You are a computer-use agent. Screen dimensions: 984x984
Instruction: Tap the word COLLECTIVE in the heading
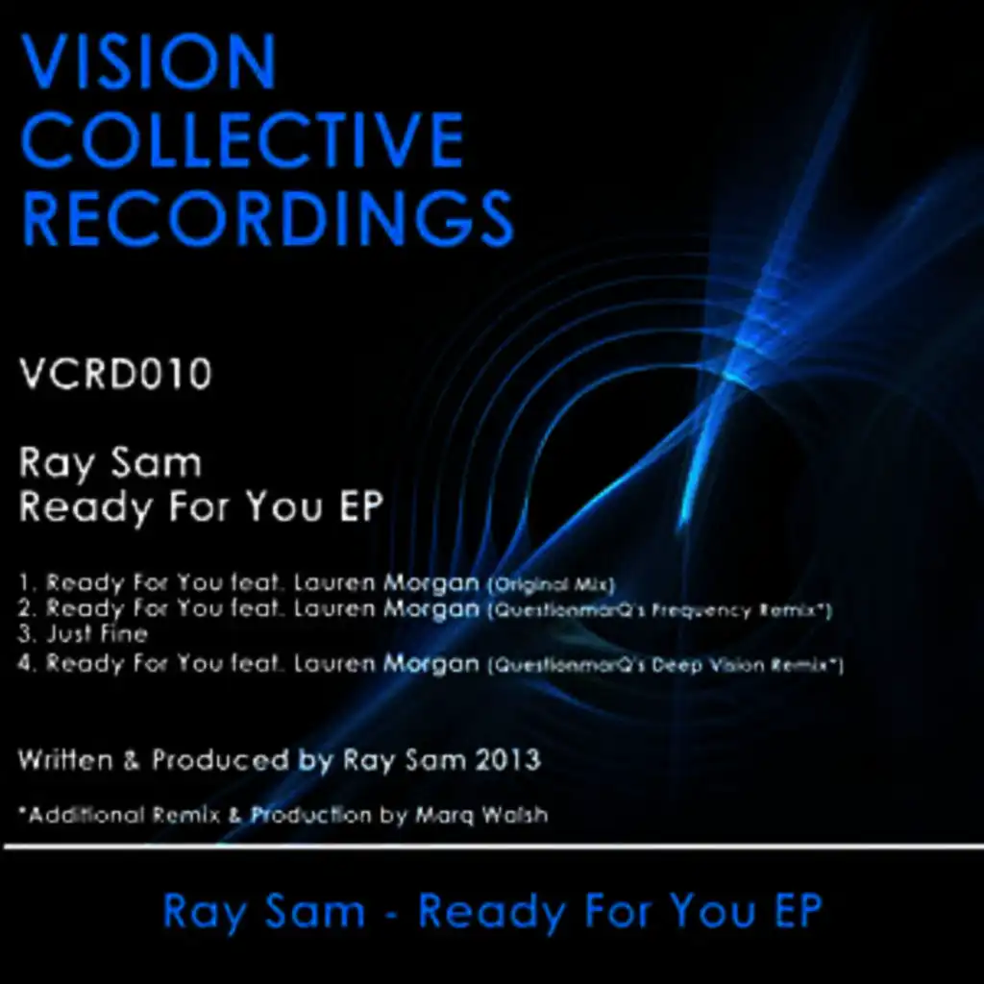243,139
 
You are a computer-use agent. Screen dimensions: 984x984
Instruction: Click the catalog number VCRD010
115,374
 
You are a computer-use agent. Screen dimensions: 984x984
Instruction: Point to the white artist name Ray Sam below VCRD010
110,464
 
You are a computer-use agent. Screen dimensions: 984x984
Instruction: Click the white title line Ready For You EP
201,507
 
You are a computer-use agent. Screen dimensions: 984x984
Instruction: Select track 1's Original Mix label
551,585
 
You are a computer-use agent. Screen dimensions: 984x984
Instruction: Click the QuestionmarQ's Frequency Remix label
659,610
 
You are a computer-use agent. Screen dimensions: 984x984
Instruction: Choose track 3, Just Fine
83,634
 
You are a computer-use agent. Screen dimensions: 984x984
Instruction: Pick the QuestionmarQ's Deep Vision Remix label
665,665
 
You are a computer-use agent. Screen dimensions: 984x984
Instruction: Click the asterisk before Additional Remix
23,811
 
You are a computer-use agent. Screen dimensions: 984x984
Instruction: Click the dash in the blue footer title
392,914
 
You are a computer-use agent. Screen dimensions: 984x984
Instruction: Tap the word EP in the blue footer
799,911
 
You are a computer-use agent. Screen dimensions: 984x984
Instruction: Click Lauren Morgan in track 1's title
386,583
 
